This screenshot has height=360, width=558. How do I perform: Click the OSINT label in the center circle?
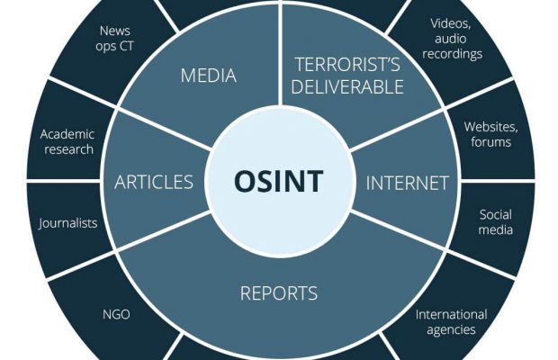[278, 181]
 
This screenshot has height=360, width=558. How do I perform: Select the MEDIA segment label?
[208, 76]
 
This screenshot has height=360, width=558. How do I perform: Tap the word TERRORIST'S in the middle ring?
[347, 64]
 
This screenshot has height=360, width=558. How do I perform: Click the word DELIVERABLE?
[347, 86]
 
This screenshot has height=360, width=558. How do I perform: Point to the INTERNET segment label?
[407, 183]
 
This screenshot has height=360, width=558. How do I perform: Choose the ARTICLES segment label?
[153, 182]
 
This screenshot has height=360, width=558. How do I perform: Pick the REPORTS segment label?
[278, 292]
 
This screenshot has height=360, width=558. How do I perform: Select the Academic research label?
[67, 141]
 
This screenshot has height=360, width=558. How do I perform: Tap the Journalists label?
[67, 222]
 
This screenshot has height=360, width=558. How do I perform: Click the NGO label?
[116, 314]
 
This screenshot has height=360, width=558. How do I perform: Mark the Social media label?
[495, 222]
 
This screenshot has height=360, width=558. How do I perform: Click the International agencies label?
[451, 321]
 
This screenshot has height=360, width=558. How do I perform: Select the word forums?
[490, 142]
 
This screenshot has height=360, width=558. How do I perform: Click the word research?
[68, 149]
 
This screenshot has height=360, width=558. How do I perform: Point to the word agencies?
[451, 329]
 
